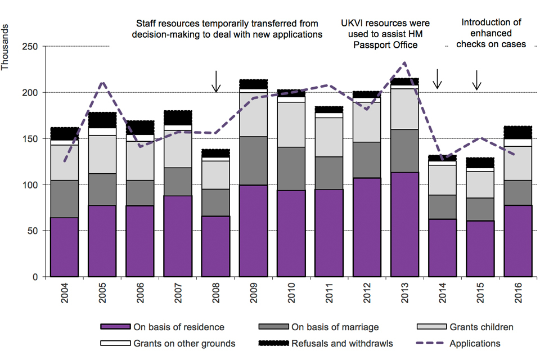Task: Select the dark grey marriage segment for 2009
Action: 253,160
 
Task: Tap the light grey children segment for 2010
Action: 291,124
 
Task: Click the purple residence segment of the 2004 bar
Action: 64,247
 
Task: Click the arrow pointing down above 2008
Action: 216,82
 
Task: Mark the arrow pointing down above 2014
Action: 438,79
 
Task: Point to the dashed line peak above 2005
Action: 102,83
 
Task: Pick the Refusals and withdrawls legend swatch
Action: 272,343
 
